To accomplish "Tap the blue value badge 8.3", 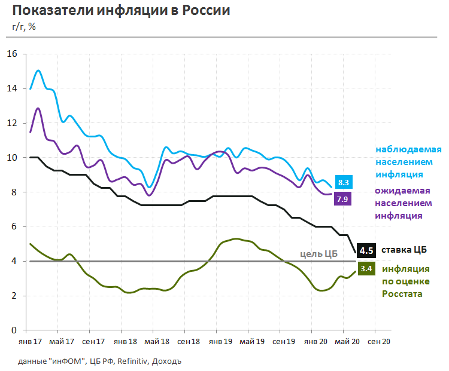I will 344,183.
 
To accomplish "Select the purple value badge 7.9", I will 342,200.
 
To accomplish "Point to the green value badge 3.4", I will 366,269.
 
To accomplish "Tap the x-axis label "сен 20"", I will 375,342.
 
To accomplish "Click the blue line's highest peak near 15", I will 38,70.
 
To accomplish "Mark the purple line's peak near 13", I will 38,109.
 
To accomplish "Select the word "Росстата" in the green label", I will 403,294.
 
